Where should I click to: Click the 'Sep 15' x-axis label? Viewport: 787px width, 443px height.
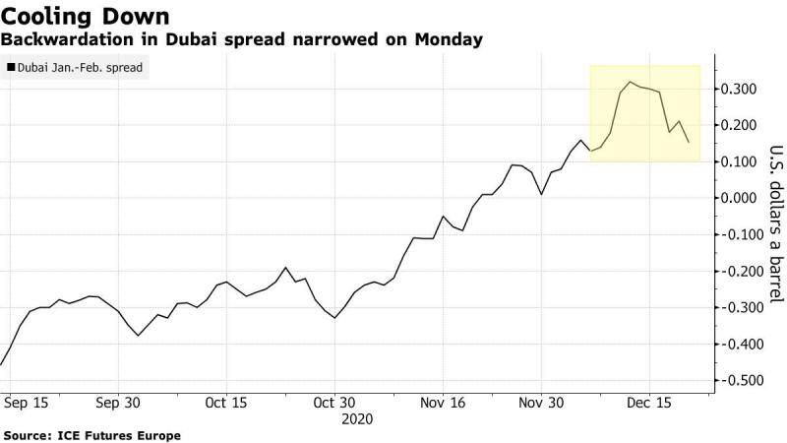tap(27, 403)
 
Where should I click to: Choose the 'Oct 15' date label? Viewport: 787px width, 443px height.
tap(227, 403)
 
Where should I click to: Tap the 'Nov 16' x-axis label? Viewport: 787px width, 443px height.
tap(443, 403)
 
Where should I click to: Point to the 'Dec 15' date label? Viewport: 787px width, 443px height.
tap(649, 403)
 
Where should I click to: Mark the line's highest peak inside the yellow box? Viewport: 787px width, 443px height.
tap(630, 82)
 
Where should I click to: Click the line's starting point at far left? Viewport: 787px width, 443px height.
tap(1, 364)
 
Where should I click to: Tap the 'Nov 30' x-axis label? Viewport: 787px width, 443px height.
tap(541, 403)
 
